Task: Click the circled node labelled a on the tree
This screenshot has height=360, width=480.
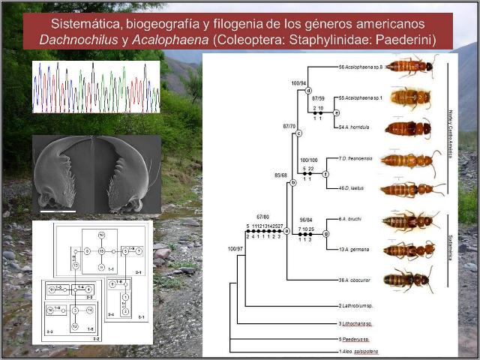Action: pyautogui.click(x=286, y=231)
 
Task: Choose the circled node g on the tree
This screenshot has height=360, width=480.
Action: pyautogui.click(x=326, y=233)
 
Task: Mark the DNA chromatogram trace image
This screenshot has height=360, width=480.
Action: pyautogui.click(x=95, y=87)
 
